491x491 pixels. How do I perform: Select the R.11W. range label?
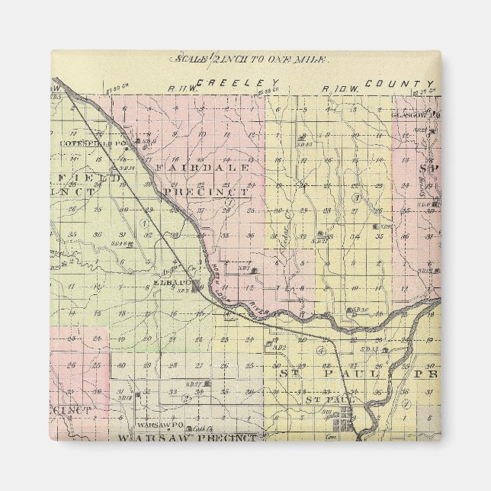click(178, 88)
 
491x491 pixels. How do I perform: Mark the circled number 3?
click(355, 198)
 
